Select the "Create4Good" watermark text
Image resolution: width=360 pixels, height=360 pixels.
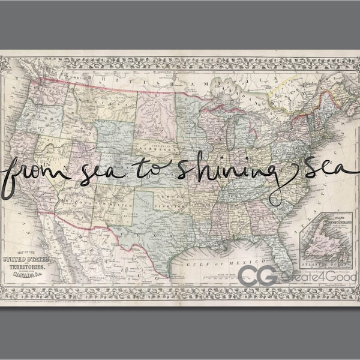pos(309,276)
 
